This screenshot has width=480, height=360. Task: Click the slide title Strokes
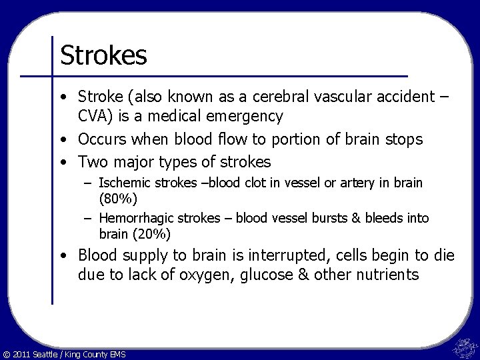tap(103, 55)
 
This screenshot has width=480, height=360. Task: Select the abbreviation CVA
tap(96, 116)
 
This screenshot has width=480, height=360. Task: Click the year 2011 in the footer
tap(22, 353)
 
